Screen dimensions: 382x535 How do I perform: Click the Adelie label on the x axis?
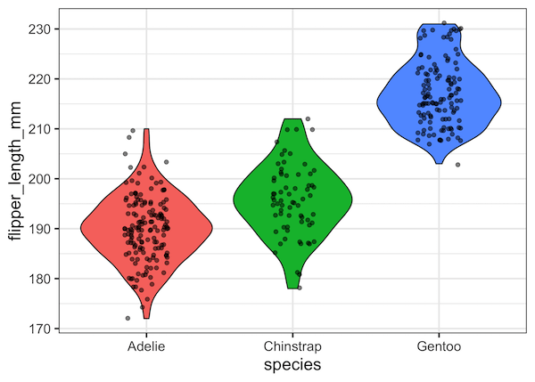(x=146, y=345)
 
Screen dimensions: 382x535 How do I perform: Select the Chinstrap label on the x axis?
(x=293, y=345)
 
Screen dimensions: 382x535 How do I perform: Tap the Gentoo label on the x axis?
(x=440, y=345)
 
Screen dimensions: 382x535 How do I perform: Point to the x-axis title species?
(x=293, y=366)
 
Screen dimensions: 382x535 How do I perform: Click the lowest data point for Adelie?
(x=128, y=318)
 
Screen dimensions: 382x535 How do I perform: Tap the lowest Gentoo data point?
(x=458, y=165)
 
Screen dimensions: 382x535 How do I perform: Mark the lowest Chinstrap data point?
(x=300, y=288)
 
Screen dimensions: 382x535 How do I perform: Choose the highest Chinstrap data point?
(x=308, y=118)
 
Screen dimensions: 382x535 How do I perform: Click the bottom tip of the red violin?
(x=146, y=317)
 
